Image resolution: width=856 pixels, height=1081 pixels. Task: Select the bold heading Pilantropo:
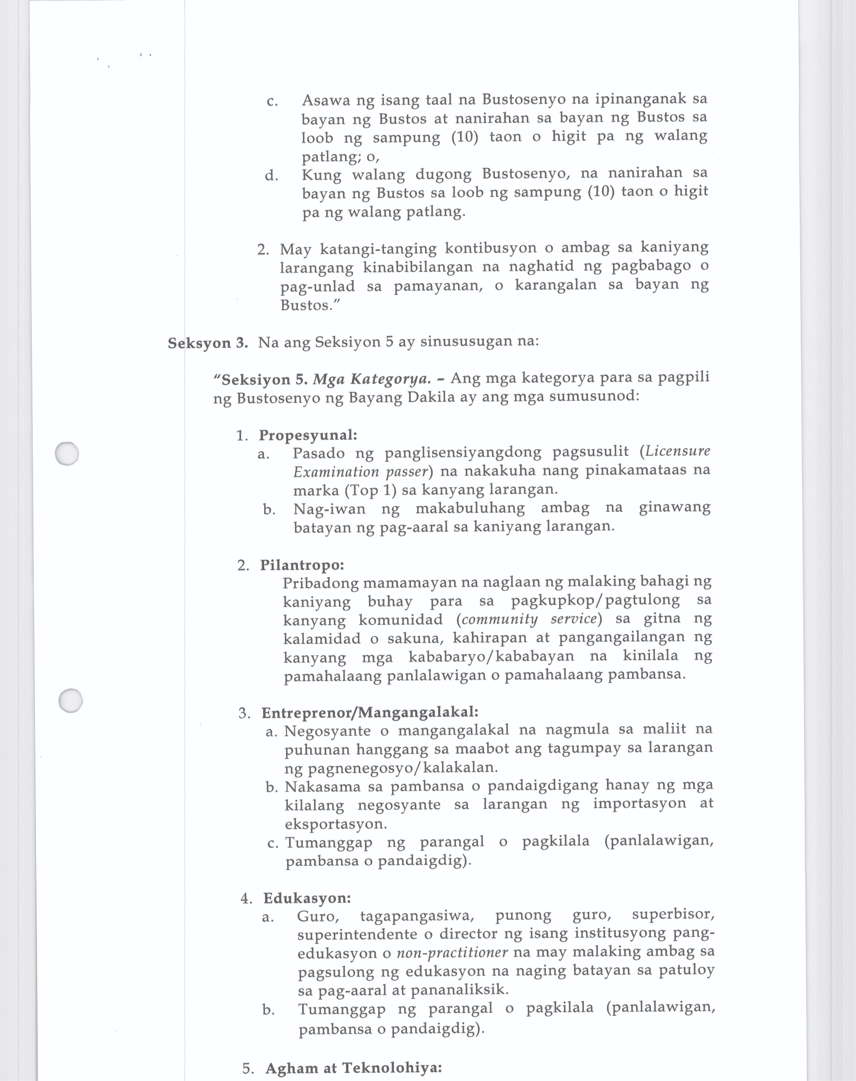[302, 565]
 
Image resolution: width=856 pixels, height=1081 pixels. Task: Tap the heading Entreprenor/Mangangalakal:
[370, 712]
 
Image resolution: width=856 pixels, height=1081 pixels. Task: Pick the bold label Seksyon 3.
[208, 343]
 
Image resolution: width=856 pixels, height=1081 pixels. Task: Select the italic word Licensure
[678, 451]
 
